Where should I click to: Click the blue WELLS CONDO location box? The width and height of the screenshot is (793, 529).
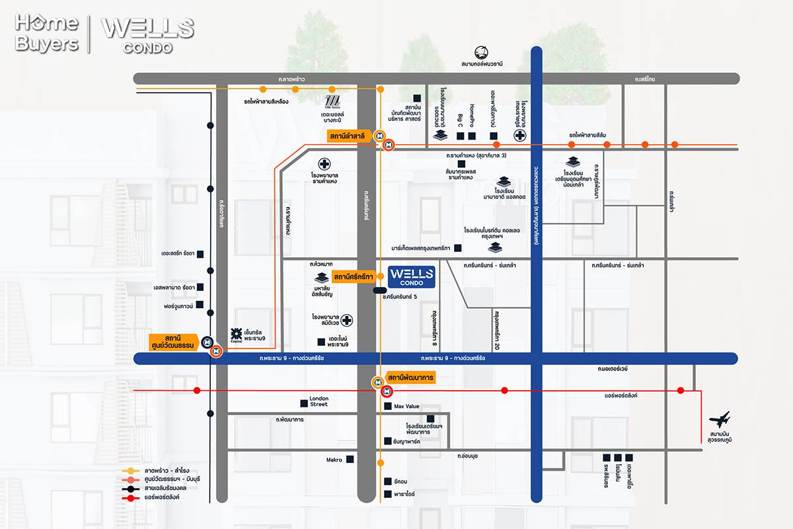411,276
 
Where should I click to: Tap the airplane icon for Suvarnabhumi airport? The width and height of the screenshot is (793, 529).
719,419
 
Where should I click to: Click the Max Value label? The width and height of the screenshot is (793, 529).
407,407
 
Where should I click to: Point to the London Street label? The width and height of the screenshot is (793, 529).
319,401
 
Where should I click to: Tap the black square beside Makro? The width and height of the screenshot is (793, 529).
350,459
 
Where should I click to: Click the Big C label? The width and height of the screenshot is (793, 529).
461,120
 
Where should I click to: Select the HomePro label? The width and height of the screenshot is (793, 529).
472,114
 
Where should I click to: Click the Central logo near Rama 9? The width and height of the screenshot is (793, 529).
236,335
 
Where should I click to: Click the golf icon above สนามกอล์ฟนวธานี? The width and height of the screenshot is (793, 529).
482,52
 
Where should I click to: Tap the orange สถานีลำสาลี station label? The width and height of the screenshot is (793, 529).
350,136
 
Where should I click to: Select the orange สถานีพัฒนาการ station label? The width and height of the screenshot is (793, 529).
410,378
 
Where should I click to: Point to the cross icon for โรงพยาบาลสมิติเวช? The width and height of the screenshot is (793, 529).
346,321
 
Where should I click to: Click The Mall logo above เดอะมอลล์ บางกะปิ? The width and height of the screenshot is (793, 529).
332,102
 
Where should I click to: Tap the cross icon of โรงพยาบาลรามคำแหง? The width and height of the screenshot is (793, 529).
324,163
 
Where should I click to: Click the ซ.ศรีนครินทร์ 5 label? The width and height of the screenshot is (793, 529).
400,297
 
